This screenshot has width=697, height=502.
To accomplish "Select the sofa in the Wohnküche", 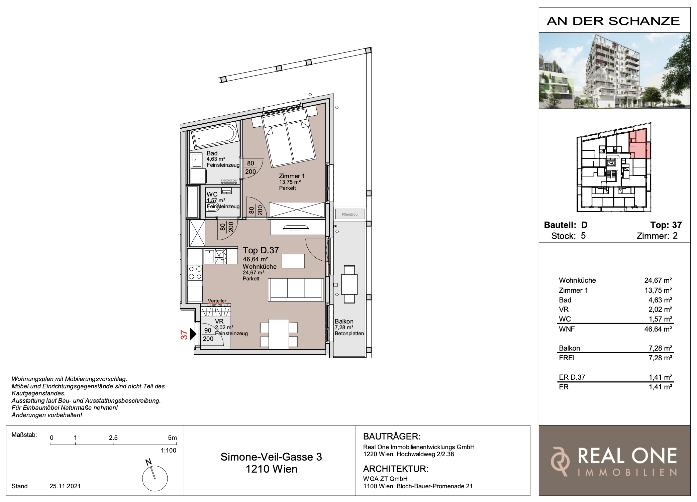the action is pos(296,289).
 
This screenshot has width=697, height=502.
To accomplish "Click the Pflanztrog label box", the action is pos(350,214).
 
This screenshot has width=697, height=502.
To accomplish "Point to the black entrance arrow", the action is pos(193,334).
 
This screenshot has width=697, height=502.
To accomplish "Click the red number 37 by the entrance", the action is pos(184,335).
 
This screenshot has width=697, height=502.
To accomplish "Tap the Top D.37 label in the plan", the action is pos(261,250).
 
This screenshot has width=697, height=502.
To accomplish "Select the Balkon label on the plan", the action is pos(344,322).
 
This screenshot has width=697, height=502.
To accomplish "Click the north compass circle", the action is pos(155,478).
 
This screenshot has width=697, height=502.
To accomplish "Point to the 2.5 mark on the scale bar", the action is pos(113,438).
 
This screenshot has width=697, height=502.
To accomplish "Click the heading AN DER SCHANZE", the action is pos(613,21).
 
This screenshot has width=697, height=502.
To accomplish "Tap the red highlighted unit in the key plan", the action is pos(639,144).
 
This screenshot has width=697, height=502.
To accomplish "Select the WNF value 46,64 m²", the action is pos(658,329).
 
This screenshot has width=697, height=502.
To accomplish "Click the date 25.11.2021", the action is pos(65,486).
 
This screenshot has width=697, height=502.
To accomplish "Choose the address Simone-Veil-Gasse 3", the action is pos(271,457).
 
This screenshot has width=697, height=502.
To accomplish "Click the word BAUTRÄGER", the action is pos(392,436).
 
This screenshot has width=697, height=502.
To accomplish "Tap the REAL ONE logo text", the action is pos(627,456).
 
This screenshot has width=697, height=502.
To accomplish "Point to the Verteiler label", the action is pos(217,301).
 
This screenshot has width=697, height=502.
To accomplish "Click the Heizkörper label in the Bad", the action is pos(229,180).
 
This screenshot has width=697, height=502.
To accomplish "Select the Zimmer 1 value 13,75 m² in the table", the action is pos(658,290).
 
